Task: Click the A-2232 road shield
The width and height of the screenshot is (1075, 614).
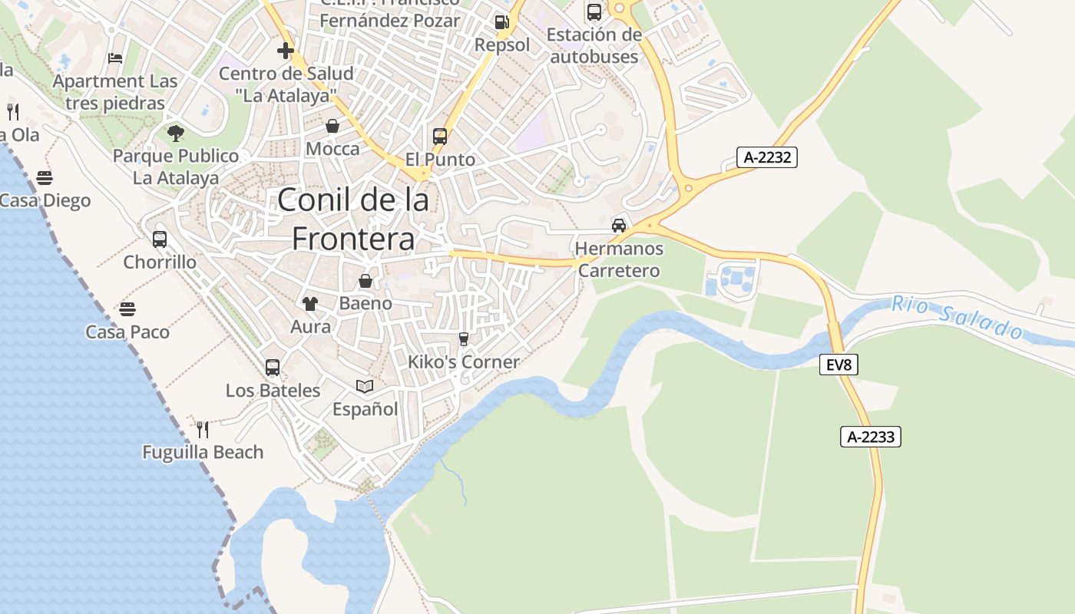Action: pos(767,157)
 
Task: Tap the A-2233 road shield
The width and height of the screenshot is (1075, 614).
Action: pos(870,437)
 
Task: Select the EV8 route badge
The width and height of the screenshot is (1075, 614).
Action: pos(838,365)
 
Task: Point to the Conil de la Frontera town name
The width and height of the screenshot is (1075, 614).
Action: pos(353,220)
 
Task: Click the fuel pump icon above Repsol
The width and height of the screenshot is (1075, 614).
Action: pos(501,22)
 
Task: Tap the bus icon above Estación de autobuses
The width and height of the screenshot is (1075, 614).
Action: pos(594,12)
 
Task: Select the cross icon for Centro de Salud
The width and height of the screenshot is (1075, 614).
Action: pos(286,51)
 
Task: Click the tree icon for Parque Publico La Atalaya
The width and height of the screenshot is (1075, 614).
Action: pos(176,134)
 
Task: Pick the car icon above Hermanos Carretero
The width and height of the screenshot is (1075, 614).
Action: pos(619,225)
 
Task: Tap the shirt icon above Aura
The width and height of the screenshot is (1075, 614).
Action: pos(310,304)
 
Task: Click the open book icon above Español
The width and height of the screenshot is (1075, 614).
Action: pos(365,386)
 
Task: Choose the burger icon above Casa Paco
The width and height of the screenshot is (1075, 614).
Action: pos(127,309)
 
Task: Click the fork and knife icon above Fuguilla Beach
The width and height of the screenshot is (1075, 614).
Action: pos(203,429)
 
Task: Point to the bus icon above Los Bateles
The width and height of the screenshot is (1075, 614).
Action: pos(273,368)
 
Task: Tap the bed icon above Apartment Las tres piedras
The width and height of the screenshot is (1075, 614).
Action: pos(115,58)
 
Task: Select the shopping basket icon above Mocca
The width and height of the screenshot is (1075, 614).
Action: pos(332,126)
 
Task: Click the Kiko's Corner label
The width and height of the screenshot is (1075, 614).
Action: pos(464,361)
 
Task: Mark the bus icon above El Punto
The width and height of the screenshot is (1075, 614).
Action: pos(440,137)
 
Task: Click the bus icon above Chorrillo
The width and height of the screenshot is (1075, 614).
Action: pos(160,239)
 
